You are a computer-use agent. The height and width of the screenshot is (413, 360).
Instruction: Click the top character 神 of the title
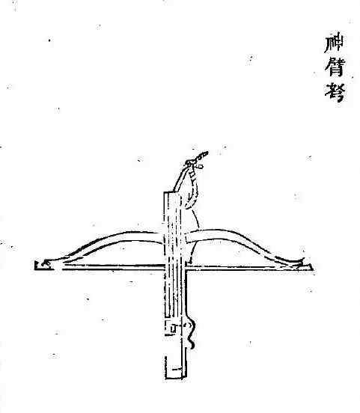tap(334, 43)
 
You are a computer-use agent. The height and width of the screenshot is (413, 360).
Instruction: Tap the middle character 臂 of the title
tap(335, 67)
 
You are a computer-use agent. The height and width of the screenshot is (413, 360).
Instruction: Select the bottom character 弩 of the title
tap(335, 92)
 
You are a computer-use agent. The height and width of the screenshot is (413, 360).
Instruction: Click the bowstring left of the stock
tap(111, 267)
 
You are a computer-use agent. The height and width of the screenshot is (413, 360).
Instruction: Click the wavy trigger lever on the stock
tap(192, 333)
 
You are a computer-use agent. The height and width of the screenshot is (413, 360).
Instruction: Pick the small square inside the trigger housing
tap(173, 328)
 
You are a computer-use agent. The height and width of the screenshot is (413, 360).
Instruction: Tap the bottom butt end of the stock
tap(176, 377)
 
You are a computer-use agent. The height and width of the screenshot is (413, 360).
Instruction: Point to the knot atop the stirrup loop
tap(190, 163)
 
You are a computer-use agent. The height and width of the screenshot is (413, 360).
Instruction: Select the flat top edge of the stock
tap(173, 193)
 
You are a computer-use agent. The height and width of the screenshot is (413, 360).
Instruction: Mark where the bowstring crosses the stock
tap(176, 267)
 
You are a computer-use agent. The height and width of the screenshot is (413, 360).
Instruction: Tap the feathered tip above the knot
tap(202, 155)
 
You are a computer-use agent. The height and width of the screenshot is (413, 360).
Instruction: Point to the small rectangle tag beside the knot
tap(201, 166)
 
